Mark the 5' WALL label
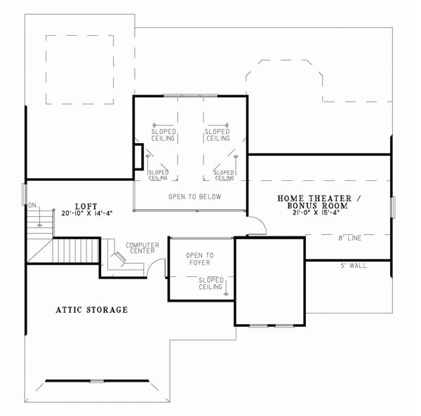click(x=354, y=266)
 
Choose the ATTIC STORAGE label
click(x=91, y=309)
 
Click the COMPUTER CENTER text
click(x=142, y=248)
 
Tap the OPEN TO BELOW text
click(x=194, y=197)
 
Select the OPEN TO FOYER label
click(x=199, y=259)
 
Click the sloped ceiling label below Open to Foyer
click(x=210, y=283)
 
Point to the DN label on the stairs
click(x=32, y=206)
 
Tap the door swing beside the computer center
click(x=161, y=268)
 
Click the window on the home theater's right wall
click(x=392, y=207)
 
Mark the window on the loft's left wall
click(x=25, y=194)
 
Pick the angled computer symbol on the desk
click(x=120, y=258)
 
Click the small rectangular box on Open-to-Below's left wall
click(x=138, y=157)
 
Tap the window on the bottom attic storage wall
click(x=97, y=381)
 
